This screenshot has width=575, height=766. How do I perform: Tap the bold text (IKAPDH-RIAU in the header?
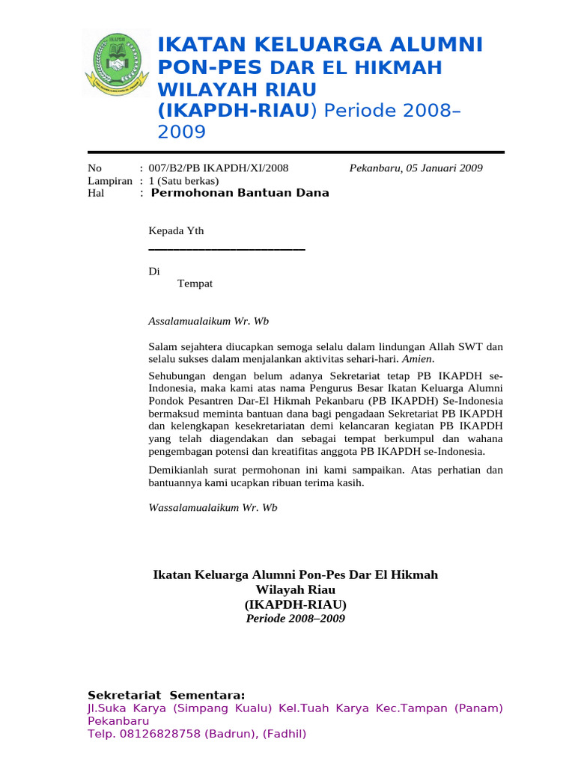pos(233,111)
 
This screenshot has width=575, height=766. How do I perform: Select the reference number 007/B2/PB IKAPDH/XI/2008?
pos(219,168)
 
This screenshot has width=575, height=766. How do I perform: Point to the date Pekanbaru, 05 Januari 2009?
pos(416,168)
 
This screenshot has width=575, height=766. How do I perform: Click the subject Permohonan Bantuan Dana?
pos(240,193)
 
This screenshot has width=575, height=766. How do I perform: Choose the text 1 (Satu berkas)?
pos(184,181)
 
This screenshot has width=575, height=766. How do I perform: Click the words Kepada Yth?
pos(176,231)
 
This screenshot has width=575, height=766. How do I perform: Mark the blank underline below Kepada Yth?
pos(227,249)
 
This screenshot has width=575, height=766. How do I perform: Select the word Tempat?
pos(195,284)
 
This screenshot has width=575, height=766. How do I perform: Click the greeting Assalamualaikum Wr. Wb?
pos(208,321)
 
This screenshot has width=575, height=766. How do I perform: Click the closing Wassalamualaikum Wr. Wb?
pos(213,507)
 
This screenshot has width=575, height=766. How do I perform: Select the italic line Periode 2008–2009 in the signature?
pos(295,619)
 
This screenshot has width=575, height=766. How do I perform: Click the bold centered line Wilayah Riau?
pos(295,589)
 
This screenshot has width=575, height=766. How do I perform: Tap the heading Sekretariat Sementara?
pos(166,695)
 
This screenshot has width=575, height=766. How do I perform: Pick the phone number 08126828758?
pos(158,734)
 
